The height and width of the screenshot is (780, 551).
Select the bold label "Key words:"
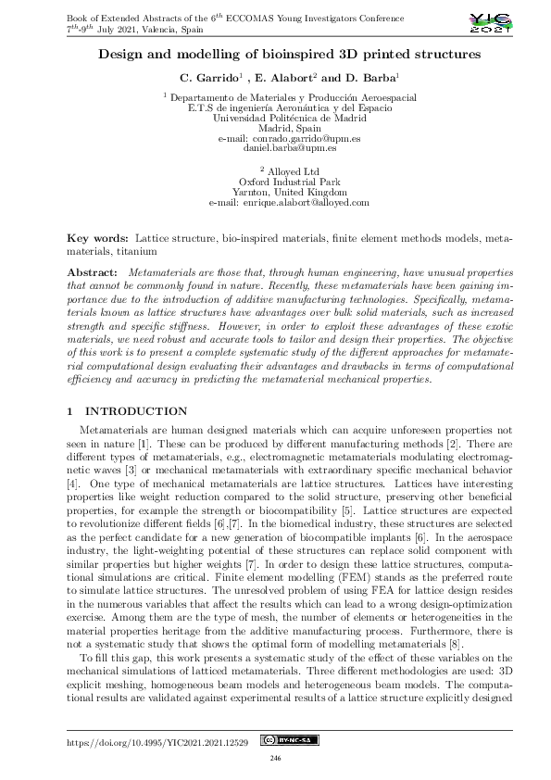[100, 239]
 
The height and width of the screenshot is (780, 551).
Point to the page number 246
[275, 759]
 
